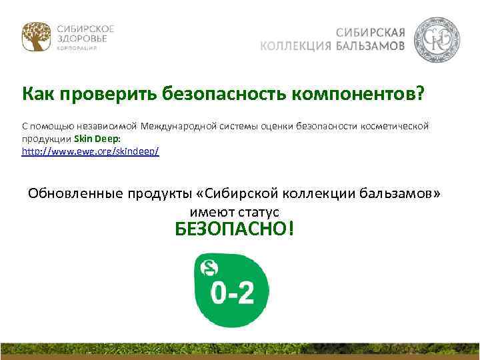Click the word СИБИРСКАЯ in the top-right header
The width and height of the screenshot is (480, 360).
[x=371, y=32]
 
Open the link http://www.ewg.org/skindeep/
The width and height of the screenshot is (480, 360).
[x=91, y=151]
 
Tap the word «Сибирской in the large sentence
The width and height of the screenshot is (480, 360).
[x=234, y=193]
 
